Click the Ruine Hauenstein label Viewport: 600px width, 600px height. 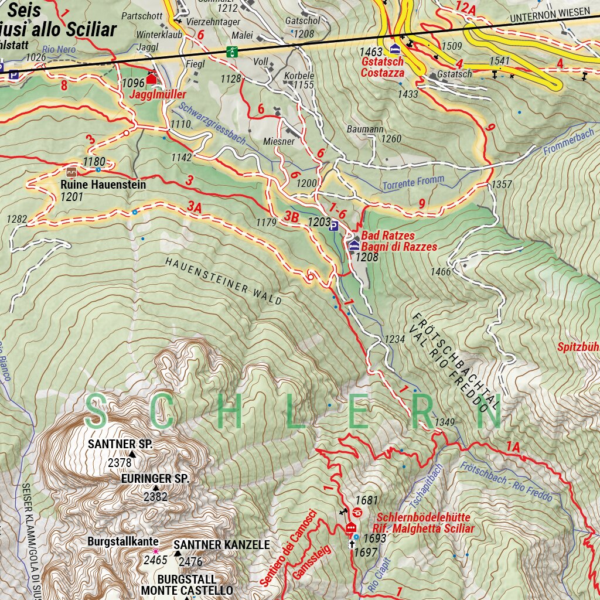point(103,185)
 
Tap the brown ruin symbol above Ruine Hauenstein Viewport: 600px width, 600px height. point(71,172)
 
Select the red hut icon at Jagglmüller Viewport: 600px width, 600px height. point(152,79)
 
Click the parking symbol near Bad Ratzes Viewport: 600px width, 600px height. point(333,226)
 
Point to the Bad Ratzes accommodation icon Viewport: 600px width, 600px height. point(353,246)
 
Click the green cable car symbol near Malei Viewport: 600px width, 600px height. point(233,51)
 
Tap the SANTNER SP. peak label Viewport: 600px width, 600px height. point(120,445)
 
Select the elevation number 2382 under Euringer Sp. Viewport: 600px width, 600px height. point(155,497)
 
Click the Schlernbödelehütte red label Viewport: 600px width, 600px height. point(423,518)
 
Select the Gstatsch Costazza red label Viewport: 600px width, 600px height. point(383,67)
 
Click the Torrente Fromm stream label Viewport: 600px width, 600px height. point(413,183)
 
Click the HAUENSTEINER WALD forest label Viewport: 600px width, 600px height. point(223,280)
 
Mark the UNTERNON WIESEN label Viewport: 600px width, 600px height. point(550,12)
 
